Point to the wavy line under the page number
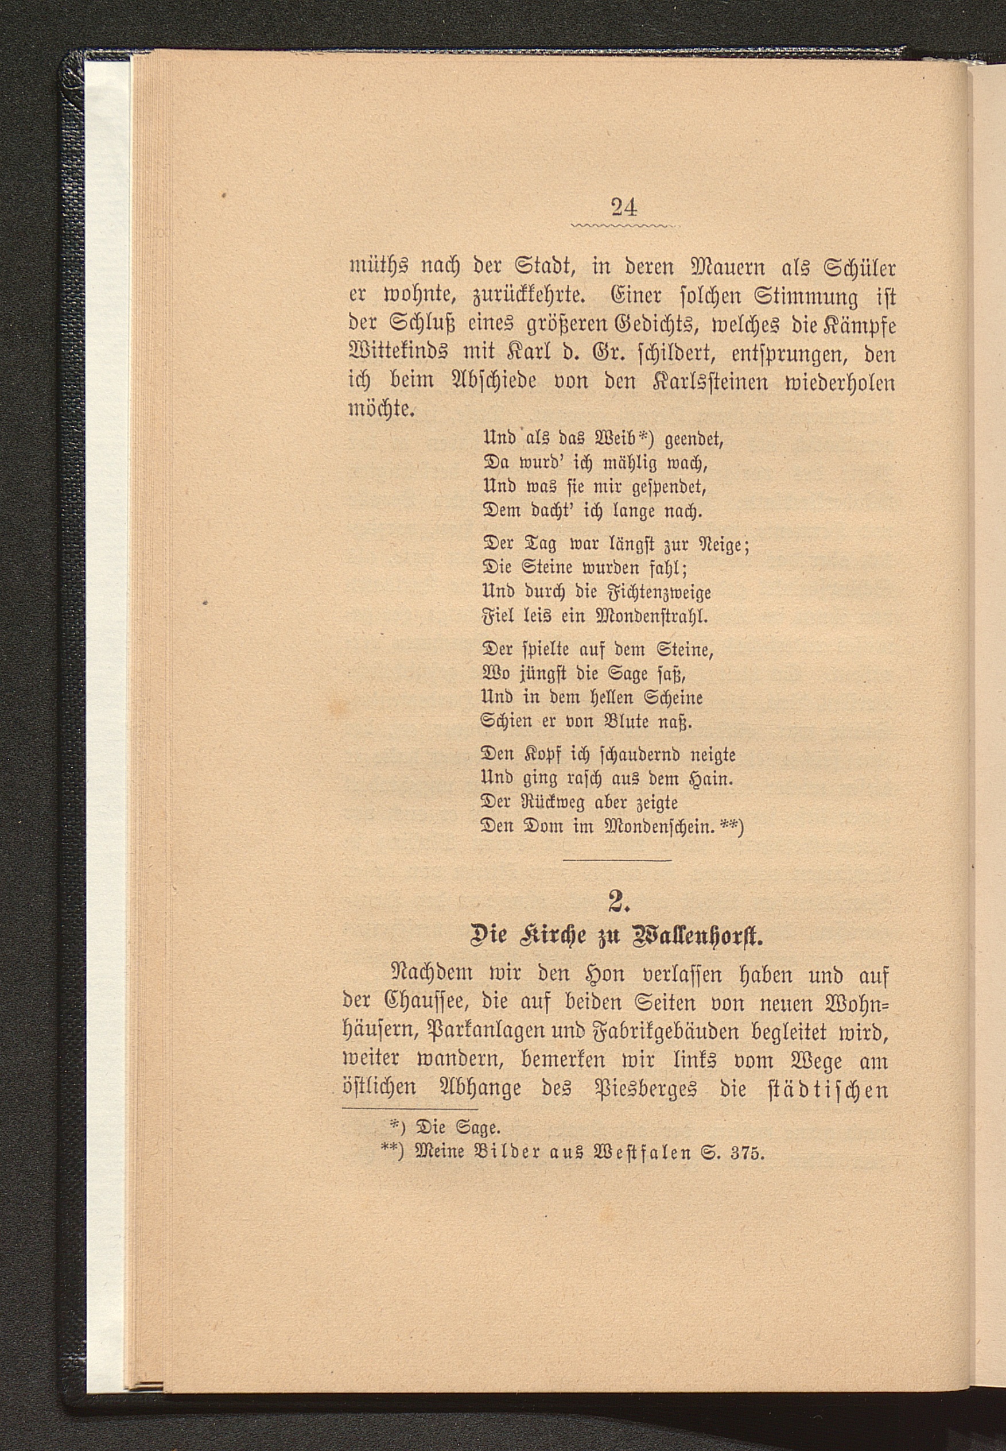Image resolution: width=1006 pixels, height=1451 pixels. point(623,225)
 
